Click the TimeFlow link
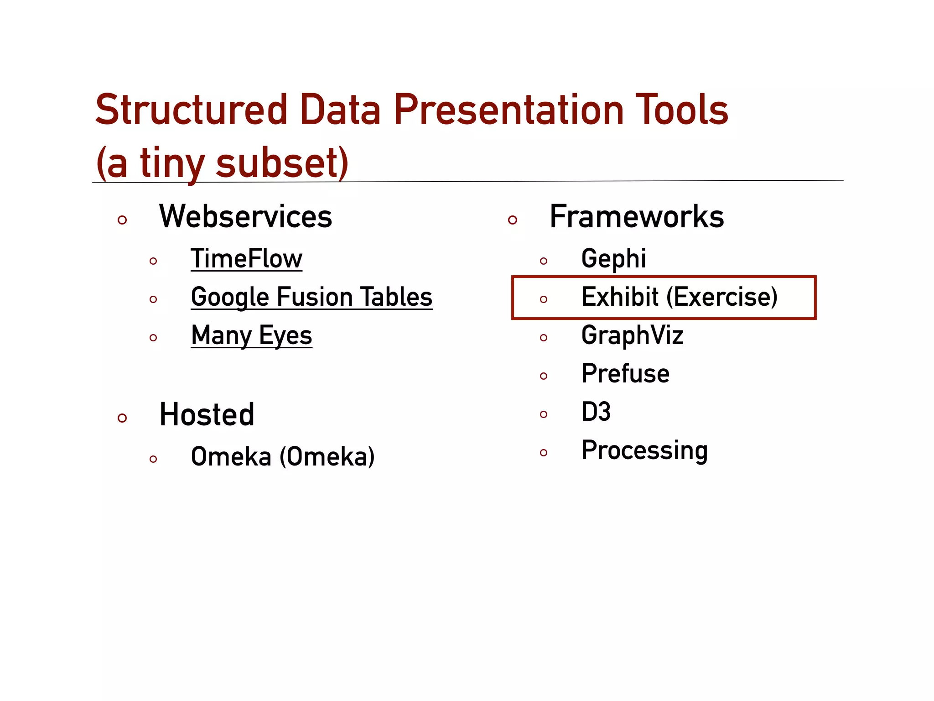tap(246, 259)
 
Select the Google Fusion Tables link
tap(311, 297)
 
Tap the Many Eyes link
tap(251, 335)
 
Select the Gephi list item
tap(613, 259)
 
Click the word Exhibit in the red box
tap(620, 297)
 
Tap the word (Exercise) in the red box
tap(722, 297)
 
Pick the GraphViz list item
tap(632, 335)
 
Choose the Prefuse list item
tap(625, 374)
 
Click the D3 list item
tap(596, 412)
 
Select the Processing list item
tap(644, 450)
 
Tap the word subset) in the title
tap(282, 163)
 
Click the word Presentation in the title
tap(509, 110)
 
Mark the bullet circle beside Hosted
tap(122, 418)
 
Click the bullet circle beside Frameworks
tap(512, 220)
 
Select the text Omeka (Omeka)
tap(283, 457)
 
